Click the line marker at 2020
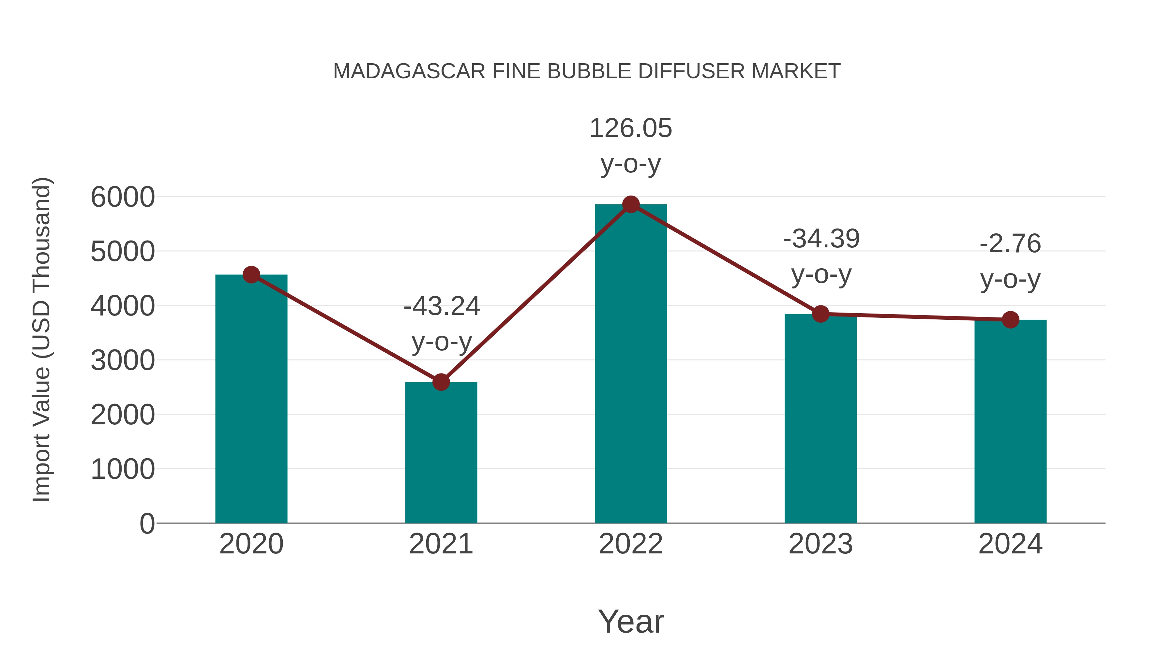pos(251,275)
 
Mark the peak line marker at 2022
pos(631,204)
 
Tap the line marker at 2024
pos(1010,320)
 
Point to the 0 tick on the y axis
pos(147,523)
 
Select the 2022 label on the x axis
pos(631,544)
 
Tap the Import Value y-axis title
pos(41,339)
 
